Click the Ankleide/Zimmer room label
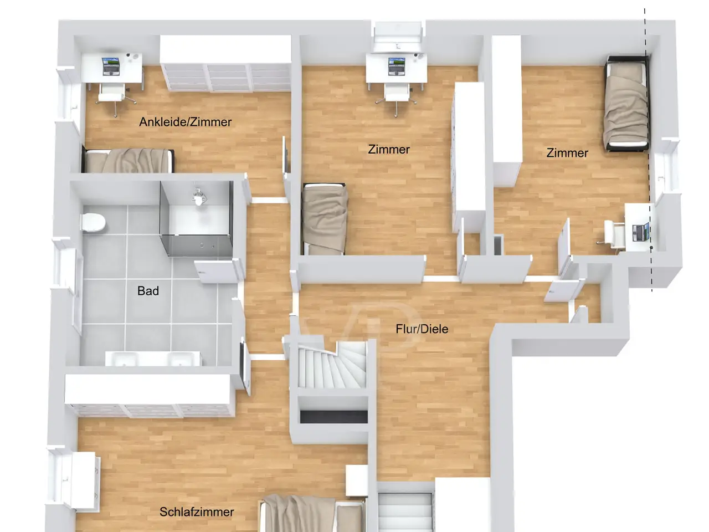[186, 122]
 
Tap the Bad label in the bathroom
[148, 291]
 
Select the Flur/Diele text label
[422, 329]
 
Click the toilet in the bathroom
[94, 222]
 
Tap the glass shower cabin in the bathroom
[197, 218]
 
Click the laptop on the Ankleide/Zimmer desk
[111, 66]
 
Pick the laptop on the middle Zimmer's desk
[397, 66]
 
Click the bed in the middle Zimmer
[324, 219]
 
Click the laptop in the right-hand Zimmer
[641, 232]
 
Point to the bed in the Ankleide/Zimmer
[129, 161]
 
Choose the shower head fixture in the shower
[198, 196]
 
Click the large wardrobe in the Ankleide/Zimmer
[226, 63]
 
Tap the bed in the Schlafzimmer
[314, 514]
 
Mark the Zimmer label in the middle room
[389, 149]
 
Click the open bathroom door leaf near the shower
[218, 272]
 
